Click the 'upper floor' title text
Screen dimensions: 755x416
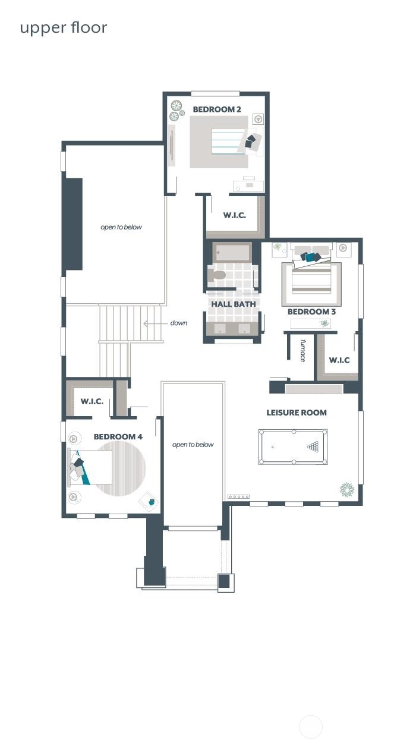(x=63, y=27)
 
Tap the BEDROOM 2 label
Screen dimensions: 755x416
(x=217, y=109)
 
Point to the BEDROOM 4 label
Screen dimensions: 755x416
(x=118, y=436)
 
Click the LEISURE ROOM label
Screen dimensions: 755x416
(x=296, y=413)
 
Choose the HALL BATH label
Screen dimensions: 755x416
(x=234, y=304)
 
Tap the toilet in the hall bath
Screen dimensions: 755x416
(x=217, y=275)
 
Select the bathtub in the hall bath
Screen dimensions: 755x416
(x=232, y=253)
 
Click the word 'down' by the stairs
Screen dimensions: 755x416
(x=178, y=323)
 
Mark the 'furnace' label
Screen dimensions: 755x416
(x=302, y=350)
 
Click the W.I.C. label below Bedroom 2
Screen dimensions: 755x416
(x=234, y=215)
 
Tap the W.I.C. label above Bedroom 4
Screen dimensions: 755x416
(x=92, y=401)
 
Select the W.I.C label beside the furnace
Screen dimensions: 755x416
(x=339, y=360)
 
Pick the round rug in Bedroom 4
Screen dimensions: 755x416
(x=122, y=468)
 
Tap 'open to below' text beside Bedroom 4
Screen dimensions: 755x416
(x=193, y=445)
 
